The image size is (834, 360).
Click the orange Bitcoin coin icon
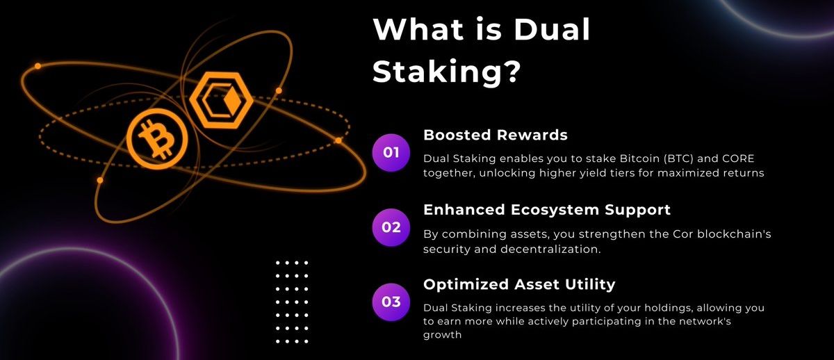point(157,138)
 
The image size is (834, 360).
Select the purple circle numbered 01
point(391,152)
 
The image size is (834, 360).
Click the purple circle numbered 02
point(391,227)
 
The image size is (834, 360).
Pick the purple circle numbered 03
point(391,302)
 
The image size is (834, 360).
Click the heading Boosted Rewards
point(496,135)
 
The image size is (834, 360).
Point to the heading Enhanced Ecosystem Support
point(547,209)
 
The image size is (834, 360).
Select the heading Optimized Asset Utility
point(519,284)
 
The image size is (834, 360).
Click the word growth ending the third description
point(443,335)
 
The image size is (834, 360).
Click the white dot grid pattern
point(292,302)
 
